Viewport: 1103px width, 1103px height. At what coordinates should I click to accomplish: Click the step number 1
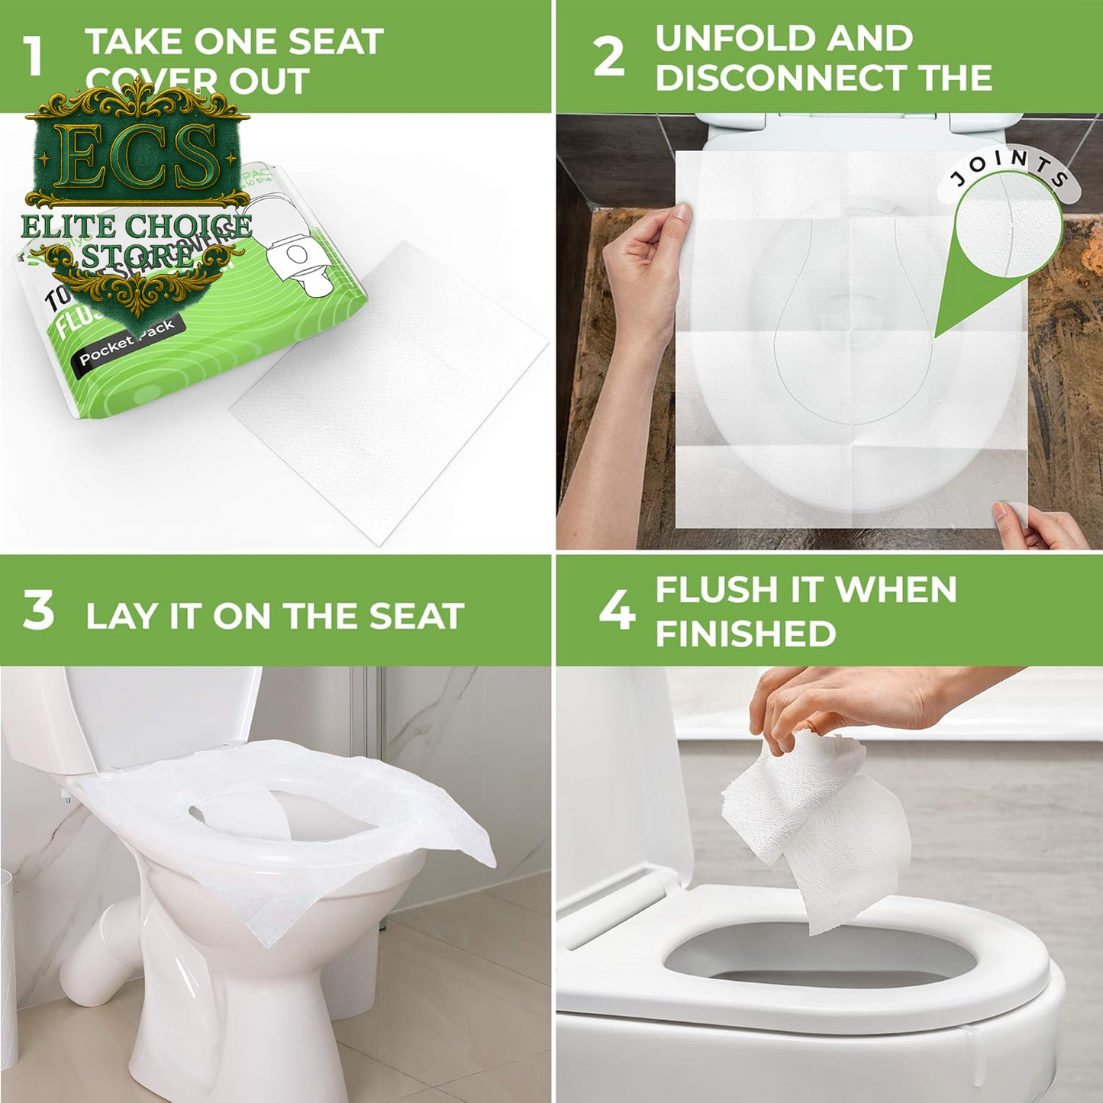[32, 57]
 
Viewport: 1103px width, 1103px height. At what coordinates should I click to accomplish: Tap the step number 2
[608, 57]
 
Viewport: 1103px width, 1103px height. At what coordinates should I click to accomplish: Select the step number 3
[38, 611]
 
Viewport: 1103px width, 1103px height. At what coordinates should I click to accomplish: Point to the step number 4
[616, 611]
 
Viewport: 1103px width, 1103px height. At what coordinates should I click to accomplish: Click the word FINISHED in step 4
[746, 634]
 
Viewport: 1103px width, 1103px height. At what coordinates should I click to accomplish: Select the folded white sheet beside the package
[389, 393]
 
